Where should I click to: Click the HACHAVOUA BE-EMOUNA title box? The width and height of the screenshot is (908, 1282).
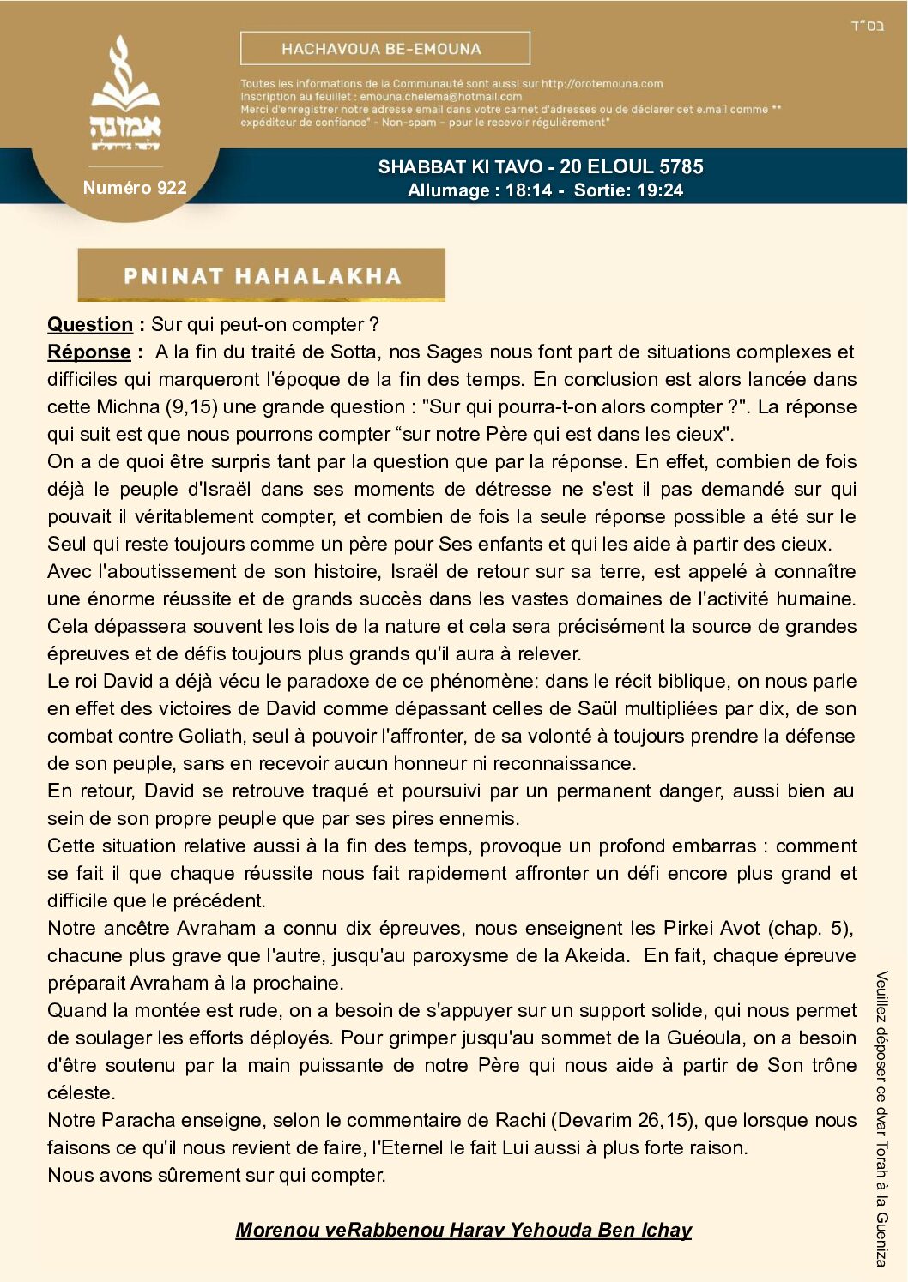coord(384,49)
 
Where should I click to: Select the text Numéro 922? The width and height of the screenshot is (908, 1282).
coord(135,188)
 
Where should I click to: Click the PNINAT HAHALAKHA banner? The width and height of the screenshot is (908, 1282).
coord(262,275)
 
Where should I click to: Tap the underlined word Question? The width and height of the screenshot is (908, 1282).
coord(90,325)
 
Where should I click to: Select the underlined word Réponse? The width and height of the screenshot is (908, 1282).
coord(89,352)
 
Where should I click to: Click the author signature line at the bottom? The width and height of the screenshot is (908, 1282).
coord(463,1231)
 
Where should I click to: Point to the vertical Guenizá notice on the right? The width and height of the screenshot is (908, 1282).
coord(881,1118)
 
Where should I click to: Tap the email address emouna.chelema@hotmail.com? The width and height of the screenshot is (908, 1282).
coord(440,97)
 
